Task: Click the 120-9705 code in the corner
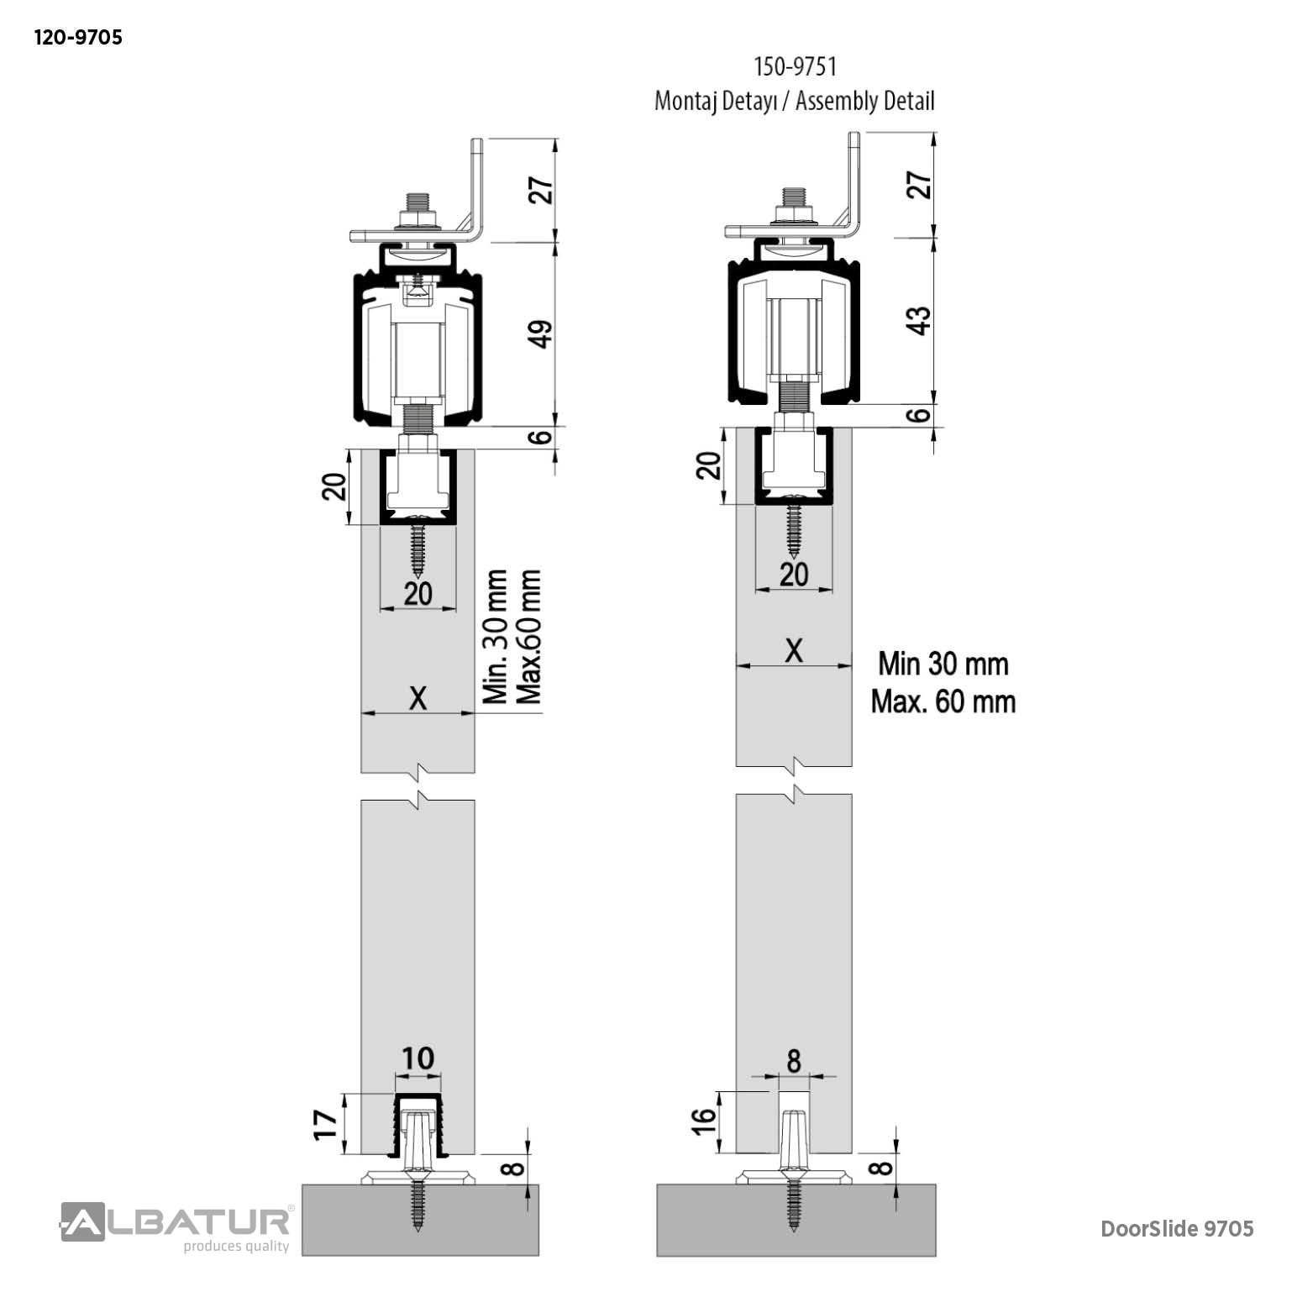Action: click(x=77, y=38)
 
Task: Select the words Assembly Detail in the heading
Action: click(x=864, y=102)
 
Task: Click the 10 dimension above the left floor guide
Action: click(x=417, y=1058)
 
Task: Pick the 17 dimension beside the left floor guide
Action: click(x=327, y=1122)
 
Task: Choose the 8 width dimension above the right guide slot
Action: click(x=794, y=1062)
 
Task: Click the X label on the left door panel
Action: click(x=418, y=698)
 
